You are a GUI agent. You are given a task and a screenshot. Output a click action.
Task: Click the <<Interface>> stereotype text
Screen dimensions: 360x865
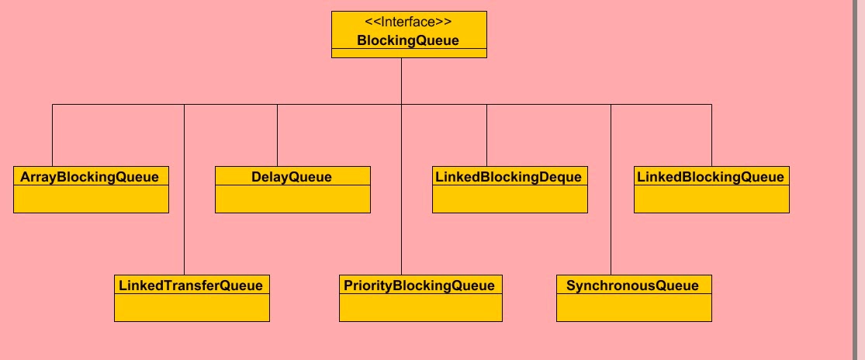(408, 22)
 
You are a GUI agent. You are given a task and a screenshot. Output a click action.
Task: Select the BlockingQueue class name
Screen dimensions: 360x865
(408, 40)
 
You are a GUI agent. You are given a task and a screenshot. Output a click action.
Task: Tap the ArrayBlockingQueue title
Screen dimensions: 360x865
(90, 177)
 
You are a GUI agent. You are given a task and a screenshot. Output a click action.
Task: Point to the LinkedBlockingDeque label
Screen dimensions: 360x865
(509, 177)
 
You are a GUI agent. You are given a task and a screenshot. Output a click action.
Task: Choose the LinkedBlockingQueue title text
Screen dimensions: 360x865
(711, 177)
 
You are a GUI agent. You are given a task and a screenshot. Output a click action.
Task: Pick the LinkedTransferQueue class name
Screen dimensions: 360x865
(191, 286)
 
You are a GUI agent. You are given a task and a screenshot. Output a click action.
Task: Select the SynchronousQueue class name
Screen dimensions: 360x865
(633, 286)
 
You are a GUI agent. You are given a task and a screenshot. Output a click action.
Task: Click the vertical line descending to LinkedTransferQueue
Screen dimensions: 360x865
(184, 225)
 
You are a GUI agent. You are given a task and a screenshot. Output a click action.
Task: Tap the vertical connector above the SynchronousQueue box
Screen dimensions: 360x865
(611, 225)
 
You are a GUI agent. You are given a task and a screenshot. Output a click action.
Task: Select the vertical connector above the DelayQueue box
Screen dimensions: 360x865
(277, 135)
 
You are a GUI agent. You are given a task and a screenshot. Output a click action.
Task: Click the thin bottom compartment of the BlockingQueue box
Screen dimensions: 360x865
(409, 53)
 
